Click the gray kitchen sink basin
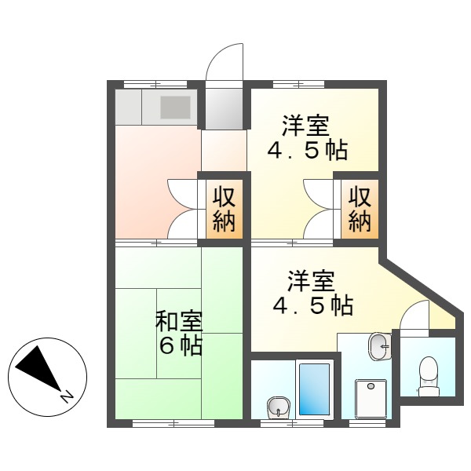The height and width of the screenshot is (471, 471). (175, 107)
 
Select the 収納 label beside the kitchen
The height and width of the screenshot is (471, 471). (223, 208)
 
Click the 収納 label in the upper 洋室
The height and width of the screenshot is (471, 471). (360, 208)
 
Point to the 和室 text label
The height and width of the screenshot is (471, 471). (179, 322)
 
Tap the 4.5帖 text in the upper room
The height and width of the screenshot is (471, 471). (308, 149)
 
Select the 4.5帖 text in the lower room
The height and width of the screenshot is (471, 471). (312, 305)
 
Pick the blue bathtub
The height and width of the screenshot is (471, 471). (316, 390)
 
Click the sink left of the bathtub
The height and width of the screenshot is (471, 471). (277, 407)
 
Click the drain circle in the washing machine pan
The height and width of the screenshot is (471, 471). (371, 385)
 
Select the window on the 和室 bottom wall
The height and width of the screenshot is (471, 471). (173, 424)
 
